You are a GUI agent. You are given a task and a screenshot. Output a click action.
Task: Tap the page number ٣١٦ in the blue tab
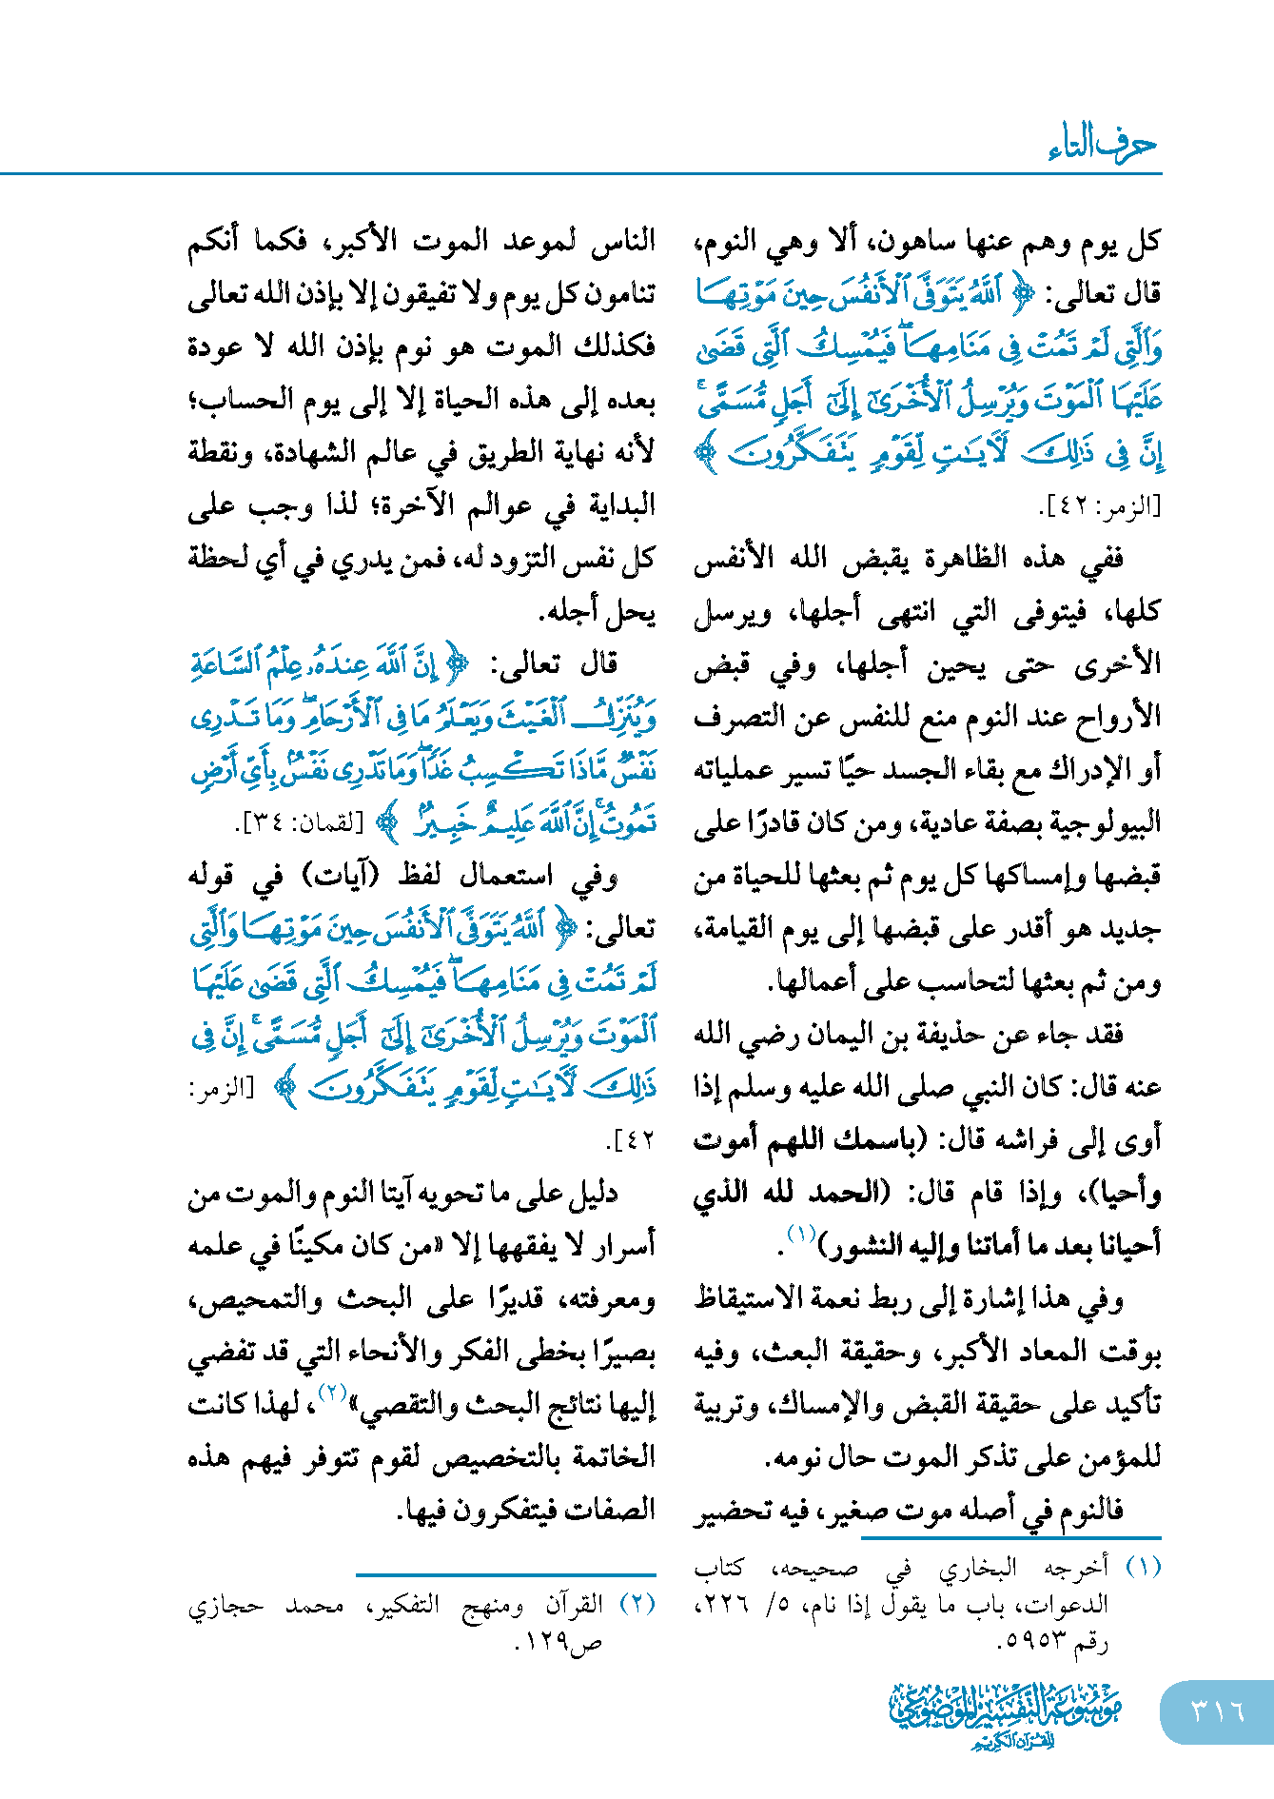pos(1217,1711)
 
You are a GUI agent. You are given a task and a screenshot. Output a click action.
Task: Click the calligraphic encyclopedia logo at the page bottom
pos(1006,1713)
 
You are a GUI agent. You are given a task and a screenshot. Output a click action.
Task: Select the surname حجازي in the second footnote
pos(225,1606)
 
